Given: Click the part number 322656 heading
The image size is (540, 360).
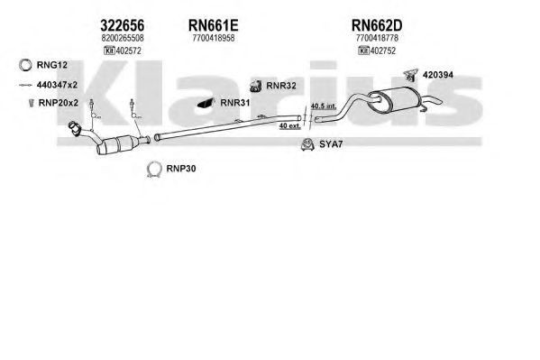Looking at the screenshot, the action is [123, 25].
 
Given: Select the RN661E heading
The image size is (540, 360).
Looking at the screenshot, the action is [213, 25].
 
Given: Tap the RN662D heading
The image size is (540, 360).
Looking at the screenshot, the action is [377, 25].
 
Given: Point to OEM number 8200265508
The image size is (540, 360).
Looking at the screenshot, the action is [123, 38].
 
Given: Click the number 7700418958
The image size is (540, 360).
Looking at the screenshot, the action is [214, 38].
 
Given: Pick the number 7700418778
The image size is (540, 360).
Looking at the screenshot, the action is [377, 38].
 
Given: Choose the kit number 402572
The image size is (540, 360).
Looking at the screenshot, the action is [129, 51].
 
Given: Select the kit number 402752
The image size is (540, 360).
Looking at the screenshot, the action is [383, 51].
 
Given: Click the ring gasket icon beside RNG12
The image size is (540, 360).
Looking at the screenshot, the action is [25, 65].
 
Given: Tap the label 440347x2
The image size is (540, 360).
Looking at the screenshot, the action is [57, 85].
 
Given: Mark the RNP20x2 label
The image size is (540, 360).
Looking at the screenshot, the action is [59, 103].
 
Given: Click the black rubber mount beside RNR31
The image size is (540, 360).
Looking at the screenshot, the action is [206, 103].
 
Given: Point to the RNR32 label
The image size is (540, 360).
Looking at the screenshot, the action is [281, 86].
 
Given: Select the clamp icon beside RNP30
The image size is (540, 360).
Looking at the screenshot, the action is [154, 170].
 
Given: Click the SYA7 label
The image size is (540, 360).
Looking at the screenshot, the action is [331, 144].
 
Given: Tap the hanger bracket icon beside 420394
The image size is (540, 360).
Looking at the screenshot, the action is [410, 75].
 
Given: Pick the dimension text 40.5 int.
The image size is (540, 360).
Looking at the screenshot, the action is [324, 106].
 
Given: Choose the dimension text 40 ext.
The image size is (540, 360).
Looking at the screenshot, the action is [289, 126].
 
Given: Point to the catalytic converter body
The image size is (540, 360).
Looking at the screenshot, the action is [118, 145].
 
